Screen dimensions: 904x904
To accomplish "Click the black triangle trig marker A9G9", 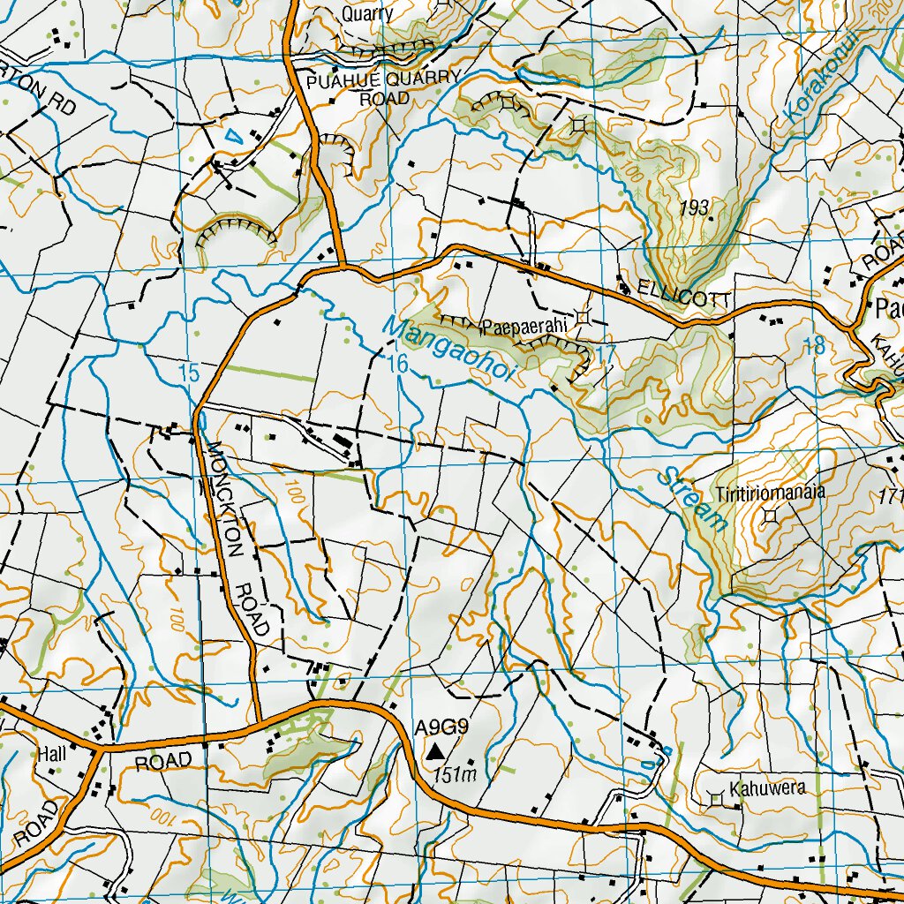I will point(435,752).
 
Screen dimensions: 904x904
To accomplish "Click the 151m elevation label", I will point(456,775).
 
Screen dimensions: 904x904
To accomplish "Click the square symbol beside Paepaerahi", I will point(583,316).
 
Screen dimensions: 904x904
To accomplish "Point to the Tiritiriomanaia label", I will point(771,493).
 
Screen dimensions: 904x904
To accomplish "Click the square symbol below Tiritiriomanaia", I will point(772,516).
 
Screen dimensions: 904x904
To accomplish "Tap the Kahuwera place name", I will point(767,788).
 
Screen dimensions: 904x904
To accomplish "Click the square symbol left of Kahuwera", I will point(716,799).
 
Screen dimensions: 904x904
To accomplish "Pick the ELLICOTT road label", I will point(674,299).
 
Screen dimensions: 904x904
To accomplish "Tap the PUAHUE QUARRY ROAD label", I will point(383,87).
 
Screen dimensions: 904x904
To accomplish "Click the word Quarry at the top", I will point(366,14).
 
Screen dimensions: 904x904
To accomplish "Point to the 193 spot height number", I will point(696,208).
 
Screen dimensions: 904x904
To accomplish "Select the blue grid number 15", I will point(189,373).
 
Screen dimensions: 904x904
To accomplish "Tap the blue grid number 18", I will point(814,346).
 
